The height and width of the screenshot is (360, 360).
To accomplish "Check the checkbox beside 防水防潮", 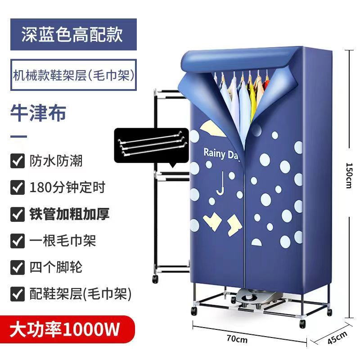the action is click(x=17, y=161).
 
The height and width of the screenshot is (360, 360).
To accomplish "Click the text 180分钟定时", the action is click(x=67, y=187).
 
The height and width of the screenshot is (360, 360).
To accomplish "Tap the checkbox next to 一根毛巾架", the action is click(x=17, y=241).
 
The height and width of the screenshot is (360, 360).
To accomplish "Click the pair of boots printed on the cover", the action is click(x=220, y=223).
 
